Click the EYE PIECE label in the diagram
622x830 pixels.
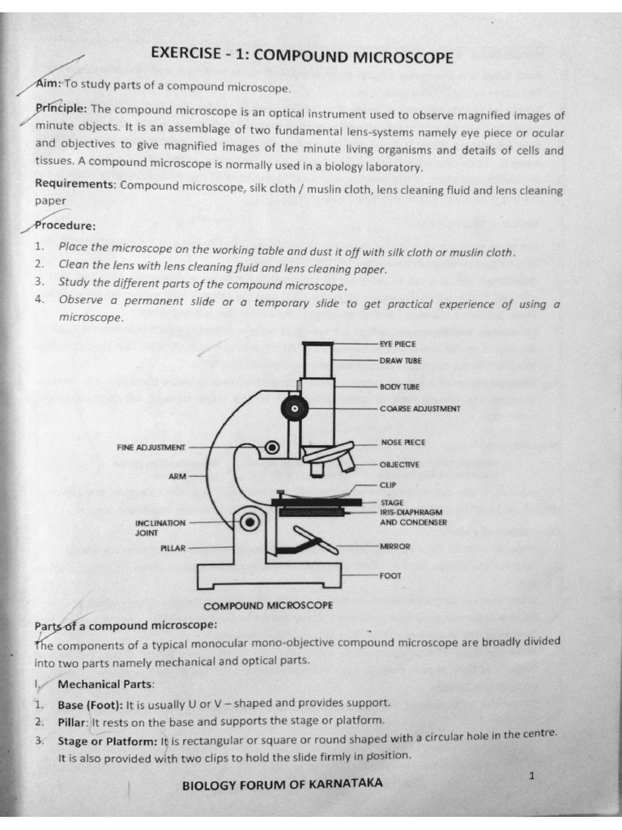(x=398, y=344)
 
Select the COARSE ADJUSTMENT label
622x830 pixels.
(x=420, y=409)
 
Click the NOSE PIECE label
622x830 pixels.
(x=403, y=443)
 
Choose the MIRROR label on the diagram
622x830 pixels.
(x=394, y=546)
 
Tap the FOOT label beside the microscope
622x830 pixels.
(x=390, y=575)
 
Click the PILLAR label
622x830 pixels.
(x=173, y=548)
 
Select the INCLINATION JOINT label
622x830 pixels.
(x=160, y=528)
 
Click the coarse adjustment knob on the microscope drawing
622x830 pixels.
(x=294, y=407)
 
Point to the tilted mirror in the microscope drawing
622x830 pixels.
(x=316, y=541)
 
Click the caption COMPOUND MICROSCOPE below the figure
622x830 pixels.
(x=268, y=605)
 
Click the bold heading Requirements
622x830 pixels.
(x=76, y=184)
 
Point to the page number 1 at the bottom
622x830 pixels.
(x=531, y=777)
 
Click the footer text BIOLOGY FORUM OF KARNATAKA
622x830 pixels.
(x=283, y=784)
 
